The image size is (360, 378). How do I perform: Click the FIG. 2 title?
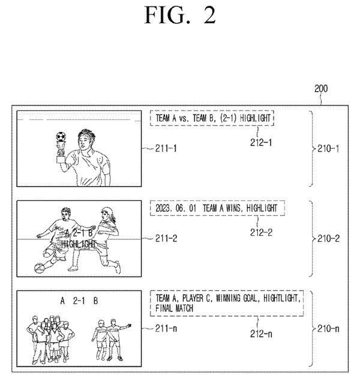(179, 15)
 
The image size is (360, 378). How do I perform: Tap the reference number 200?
(321, 89)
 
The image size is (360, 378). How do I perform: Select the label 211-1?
(166, 148)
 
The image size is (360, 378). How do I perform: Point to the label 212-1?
(261, 143)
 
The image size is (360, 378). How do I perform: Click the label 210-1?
(328, 149)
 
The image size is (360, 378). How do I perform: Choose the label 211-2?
(166, 238)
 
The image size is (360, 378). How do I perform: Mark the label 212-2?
(261, 233)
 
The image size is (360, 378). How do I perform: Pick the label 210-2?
(328, 239)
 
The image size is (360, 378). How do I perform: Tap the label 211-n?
(166, 328)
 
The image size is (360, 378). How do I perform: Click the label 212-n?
(261, 334)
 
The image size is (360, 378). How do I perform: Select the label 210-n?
(328, 329)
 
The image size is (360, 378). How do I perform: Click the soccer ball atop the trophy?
(61, 137)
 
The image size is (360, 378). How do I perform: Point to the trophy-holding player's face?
(83, 143)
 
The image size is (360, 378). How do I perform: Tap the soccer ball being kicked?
(39, 268)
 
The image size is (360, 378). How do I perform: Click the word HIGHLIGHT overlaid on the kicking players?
(79, 244)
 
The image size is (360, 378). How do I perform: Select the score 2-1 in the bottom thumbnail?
(79, 301)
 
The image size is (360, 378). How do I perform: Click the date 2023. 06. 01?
(176, 208)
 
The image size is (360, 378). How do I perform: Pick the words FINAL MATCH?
(175, 308)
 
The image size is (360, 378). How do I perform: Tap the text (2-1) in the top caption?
(228, 118)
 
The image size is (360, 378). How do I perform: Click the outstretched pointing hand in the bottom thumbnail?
(129, 326)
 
